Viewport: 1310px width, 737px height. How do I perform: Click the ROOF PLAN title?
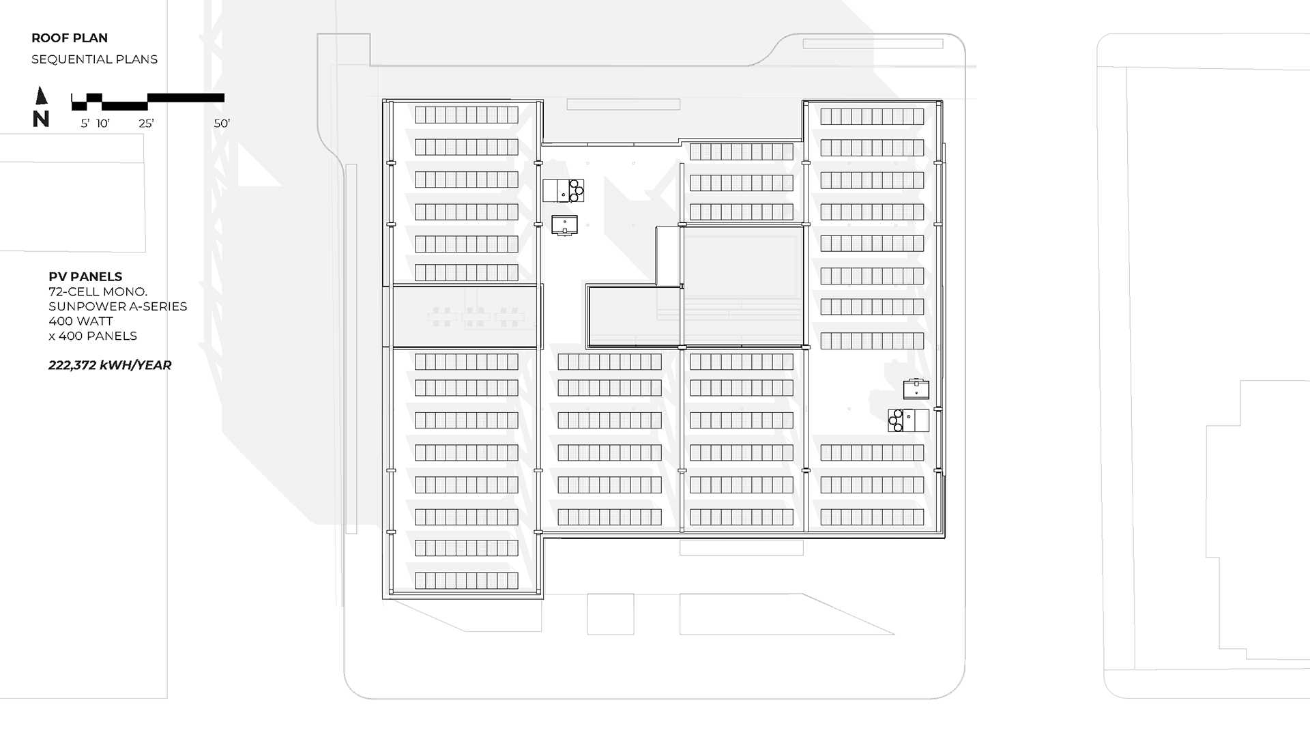tap(70, 38)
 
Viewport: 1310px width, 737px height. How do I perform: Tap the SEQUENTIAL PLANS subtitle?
tap(94, 59)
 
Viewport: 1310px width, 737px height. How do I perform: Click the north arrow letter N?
tap(41, 119)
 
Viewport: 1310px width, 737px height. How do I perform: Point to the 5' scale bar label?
tap(85, 124)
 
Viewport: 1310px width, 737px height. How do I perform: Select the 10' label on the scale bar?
tap(103, 124)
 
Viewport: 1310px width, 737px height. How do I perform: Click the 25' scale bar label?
tap(146, 124)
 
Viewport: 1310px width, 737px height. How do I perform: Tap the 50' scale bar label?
tap(222, 124)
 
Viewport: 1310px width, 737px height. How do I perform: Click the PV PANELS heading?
tap(85, 276)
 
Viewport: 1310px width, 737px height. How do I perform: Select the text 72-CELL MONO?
tap(98, 291)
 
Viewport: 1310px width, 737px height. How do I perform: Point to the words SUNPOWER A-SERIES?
tap(117, 306)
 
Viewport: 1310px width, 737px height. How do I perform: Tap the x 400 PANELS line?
tap(93, 336)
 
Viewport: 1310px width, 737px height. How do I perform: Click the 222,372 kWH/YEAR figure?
tap(110, 365)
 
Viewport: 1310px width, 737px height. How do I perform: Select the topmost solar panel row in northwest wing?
tap(467, 115)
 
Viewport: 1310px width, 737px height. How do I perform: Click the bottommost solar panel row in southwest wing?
tap(467, 581)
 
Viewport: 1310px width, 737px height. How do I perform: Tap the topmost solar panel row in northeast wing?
tap(872, 116)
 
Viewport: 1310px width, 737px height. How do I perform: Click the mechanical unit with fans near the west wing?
tap(564, 190)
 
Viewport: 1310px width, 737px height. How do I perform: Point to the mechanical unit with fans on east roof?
tap(908, 420)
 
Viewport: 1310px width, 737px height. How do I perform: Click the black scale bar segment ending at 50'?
tap(186, 98)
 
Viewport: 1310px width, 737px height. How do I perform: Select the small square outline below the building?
tap(611, 614)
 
